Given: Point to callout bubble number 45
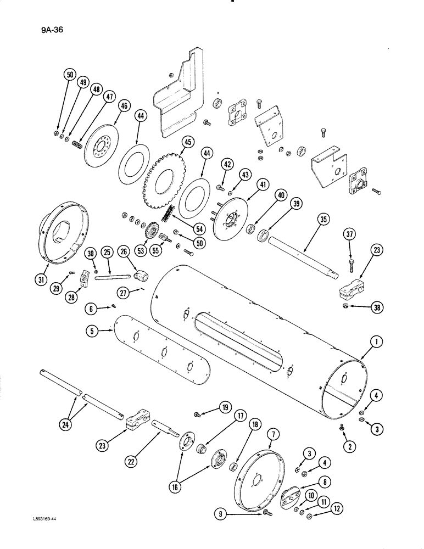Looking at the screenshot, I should click(x=187, y=142).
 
